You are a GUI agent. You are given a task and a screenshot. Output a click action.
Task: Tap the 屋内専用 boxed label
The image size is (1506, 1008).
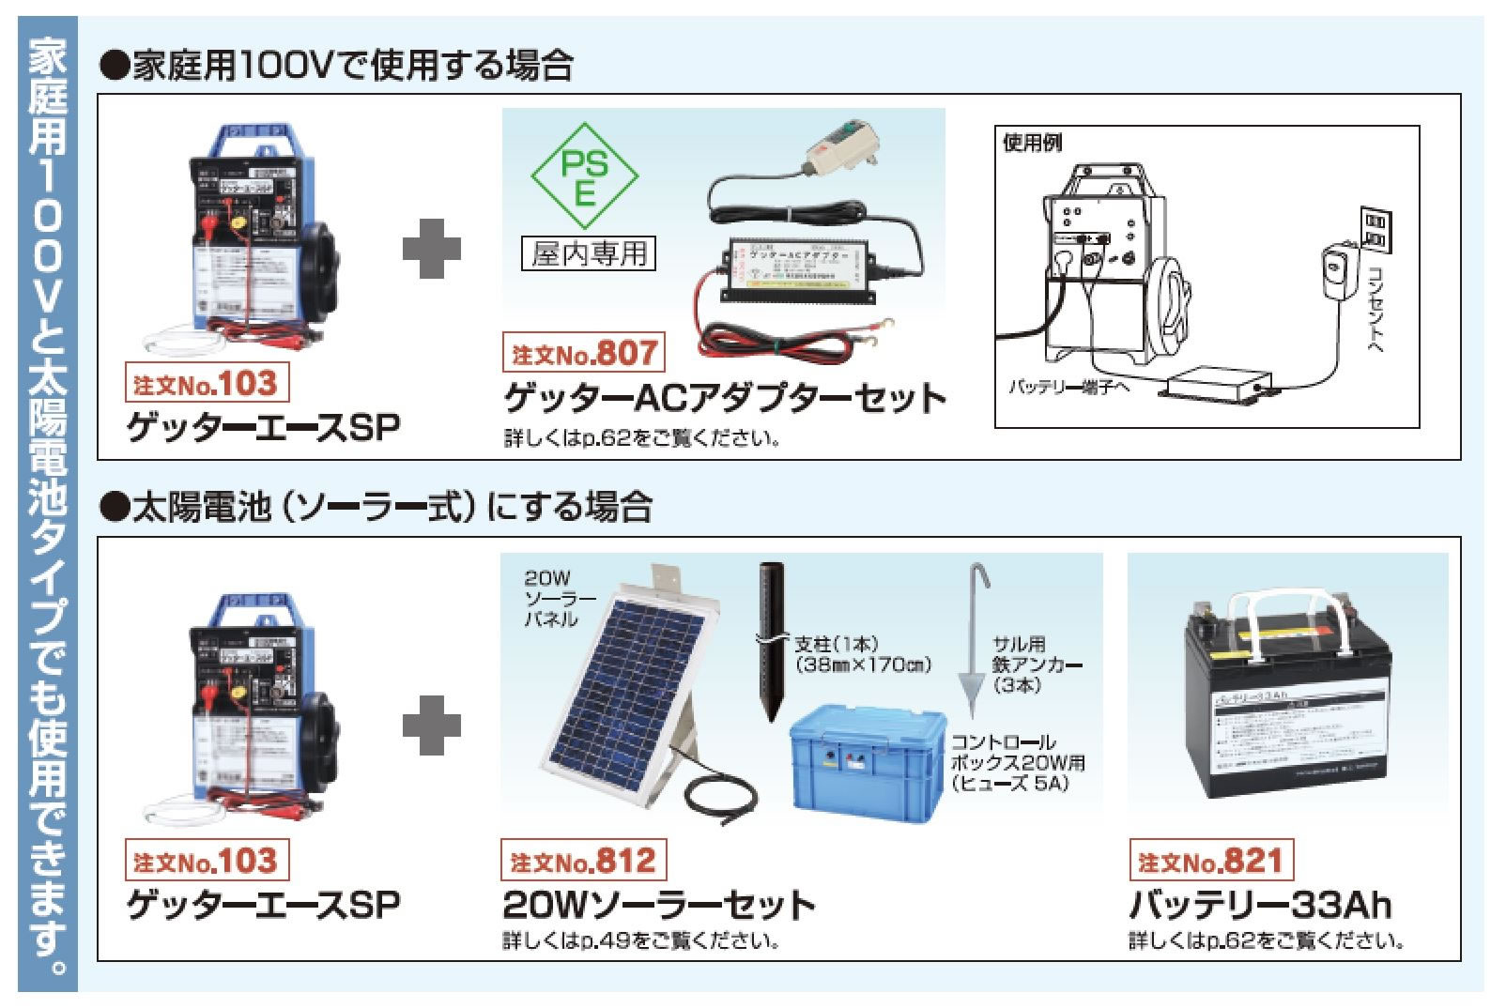click(x=589, y=253)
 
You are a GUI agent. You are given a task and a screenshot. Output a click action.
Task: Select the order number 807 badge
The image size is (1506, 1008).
click(x=583, y=354)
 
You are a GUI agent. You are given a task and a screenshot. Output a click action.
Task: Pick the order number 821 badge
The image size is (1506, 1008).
click(x=1209, y=861)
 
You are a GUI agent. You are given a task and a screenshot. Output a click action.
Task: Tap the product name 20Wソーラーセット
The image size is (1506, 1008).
click(x=659, y=906)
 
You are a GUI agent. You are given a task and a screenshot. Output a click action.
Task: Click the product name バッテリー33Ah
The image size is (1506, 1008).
click(x=1259, y=906)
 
